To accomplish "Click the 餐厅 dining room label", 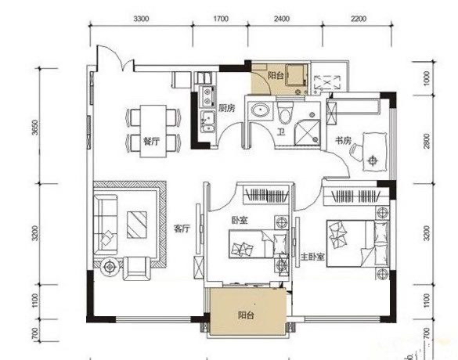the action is point(151,142).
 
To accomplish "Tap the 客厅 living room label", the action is point(182,229).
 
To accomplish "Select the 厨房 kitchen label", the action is point(227,108).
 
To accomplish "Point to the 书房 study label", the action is point(343,141).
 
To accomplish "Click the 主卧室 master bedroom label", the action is point(313,257).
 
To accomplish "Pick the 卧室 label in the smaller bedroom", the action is point(240,220).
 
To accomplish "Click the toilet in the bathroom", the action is point(285,112).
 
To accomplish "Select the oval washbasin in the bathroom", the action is point(261,110).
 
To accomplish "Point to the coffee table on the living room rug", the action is point(137,225).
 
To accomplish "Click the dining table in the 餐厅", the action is point(153,131).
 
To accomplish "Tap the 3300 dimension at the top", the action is point(141,19).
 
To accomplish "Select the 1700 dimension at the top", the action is point(221,19).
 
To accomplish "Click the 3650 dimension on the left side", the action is point(34,127).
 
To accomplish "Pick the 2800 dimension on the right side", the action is point(427,141).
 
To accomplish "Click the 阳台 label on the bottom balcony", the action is point(246,315).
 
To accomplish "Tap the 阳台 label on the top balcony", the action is point(276,76).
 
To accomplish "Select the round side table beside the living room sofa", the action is point(110,266).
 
